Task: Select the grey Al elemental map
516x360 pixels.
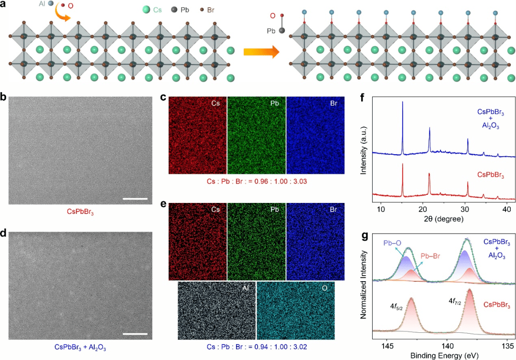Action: [x=217, y=310]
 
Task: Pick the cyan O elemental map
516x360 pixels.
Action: [x=296, y=310]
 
